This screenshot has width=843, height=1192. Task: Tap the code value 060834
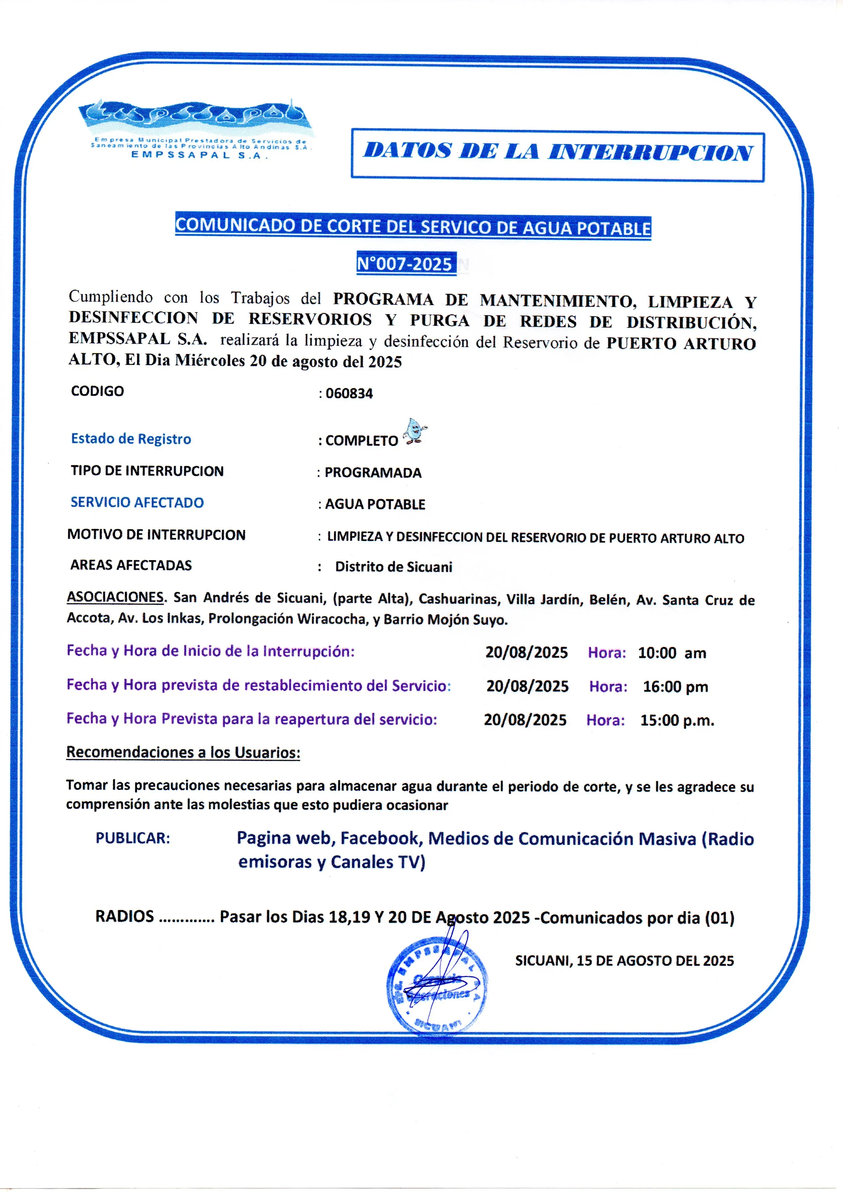tap(349, 393)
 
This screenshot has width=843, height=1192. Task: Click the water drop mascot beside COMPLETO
tap(415, 431)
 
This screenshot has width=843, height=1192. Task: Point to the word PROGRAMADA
tap(373, 473)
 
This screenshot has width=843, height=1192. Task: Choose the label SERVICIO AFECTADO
tap(137, 502)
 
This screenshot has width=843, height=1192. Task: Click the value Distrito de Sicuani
tap(393, 567)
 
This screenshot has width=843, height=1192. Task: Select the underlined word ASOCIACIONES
tap(115, 597)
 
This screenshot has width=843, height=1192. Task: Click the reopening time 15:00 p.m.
tap(677, 720)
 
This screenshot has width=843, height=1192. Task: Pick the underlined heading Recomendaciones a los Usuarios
tap(183, 752)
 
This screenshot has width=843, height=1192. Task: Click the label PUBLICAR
tap(133, 838)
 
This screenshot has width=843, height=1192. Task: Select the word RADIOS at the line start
tap(125, 916)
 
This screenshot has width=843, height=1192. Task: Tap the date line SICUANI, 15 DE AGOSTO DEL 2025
tap(624, 961)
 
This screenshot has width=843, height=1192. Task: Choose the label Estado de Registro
tap(131, 439)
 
